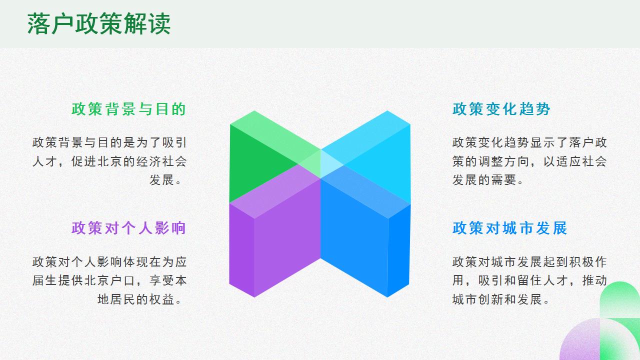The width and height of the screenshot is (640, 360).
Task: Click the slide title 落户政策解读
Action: click(x=99, y=24)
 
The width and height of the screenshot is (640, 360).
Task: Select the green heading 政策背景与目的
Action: click(x=128, y=109)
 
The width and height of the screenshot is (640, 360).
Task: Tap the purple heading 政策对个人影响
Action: click(x=128, y=228)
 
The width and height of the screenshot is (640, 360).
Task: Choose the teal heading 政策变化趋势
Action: click(x=501, y=109)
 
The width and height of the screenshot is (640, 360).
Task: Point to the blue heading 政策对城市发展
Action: click(x=510, y=228)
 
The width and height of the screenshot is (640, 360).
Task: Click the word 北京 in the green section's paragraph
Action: click(x=106, y=161)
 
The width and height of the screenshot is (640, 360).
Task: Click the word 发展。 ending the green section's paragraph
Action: click(x=168, y=180)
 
